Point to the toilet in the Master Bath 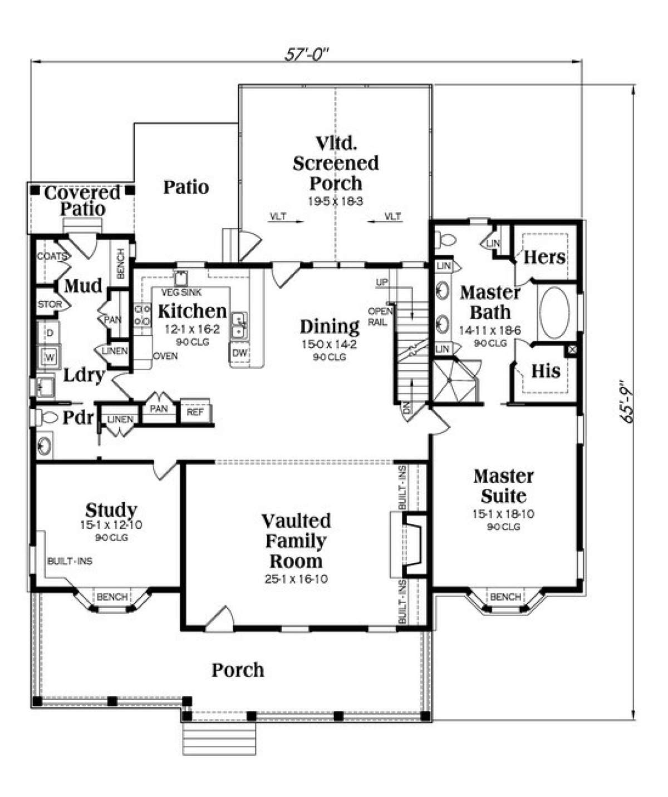click(445, 240)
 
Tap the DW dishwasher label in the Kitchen click(239, 353)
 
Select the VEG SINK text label click(181, 293)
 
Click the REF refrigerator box click(195, 412)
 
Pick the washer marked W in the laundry click(50, 357)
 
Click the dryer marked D click(50, 333)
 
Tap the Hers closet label click(544, 257)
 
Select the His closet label click(545, 371)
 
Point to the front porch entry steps click(219, 738)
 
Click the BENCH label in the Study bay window click(112, 597)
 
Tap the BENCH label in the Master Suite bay click(505, 597)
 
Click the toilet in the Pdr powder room click(47, 417)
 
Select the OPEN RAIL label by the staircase click(380, 316)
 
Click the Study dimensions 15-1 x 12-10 click(111, 524)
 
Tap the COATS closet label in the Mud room click(51, 256)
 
